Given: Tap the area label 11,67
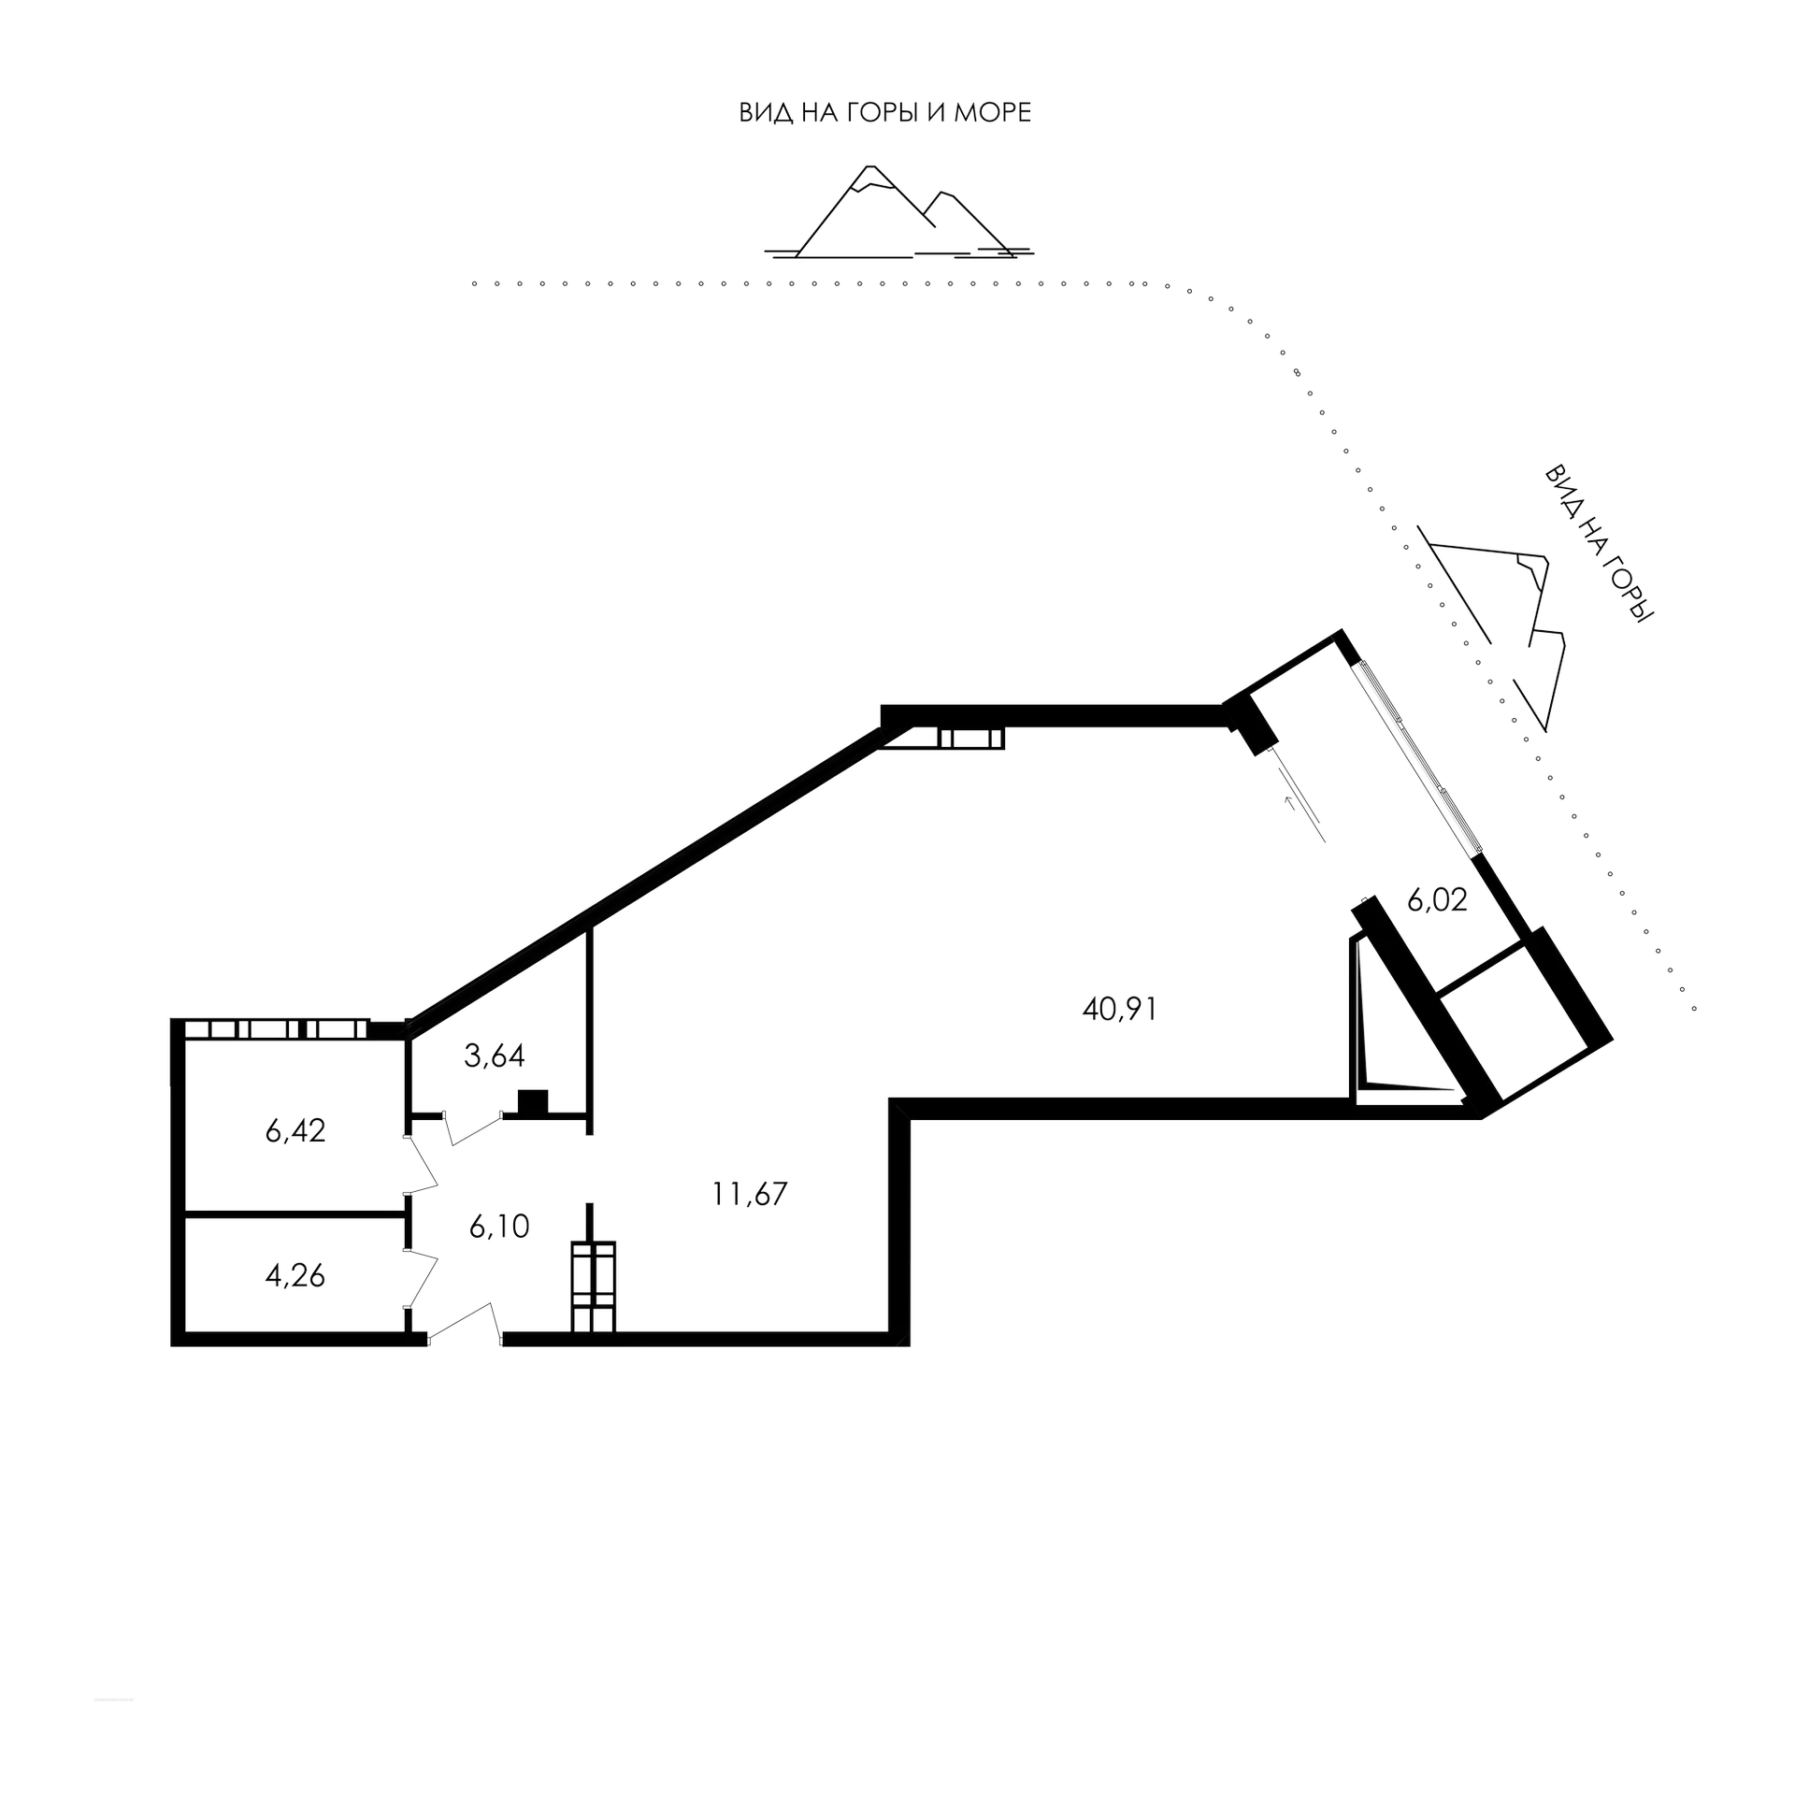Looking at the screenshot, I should click(750, 1195).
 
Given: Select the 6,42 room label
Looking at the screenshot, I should click(294, 1131).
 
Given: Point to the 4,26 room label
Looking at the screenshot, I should click(294, 1275).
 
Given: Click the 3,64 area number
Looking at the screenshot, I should click(495, 1056).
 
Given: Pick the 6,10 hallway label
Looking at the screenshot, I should click(500, 1227).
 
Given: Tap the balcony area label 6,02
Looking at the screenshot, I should click(1437, 900).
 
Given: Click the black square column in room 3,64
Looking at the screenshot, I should click(534, 1100).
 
